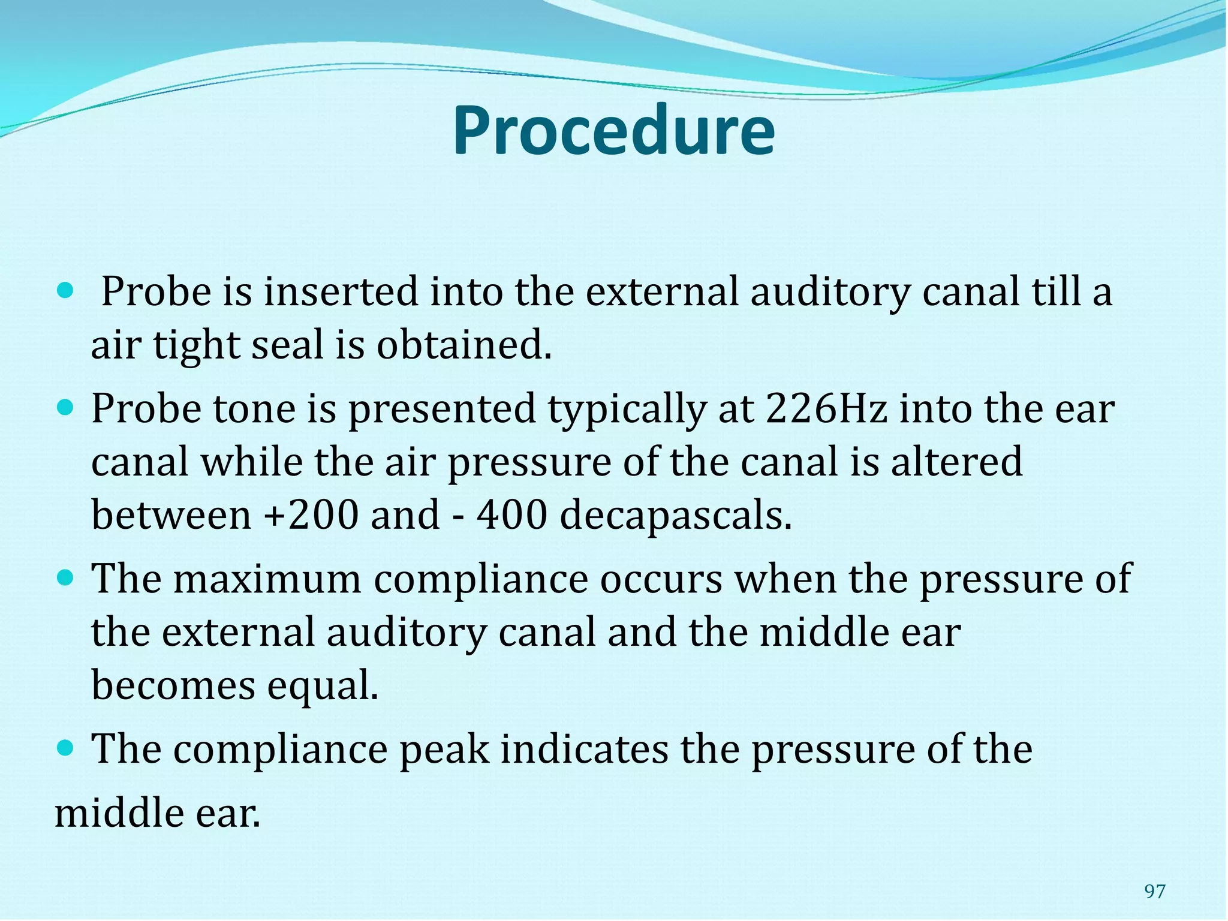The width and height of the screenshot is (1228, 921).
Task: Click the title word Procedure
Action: pos(613,131)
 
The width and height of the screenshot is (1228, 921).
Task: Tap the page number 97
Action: pos(1155,892)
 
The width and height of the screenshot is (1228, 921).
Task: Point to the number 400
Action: pos(512,515)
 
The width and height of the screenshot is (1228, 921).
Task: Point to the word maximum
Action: pos(267,579)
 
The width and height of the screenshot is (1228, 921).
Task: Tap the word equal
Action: pos(323,687)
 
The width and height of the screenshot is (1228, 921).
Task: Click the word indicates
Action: pos(584,749)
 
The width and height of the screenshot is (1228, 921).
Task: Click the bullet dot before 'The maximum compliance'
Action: pos(65,579)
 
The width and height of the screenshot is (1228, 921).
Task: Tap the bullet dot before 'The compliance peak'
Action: pos(65,748)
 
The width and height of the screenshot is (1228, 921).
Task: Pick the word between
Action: pos(171,515)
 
